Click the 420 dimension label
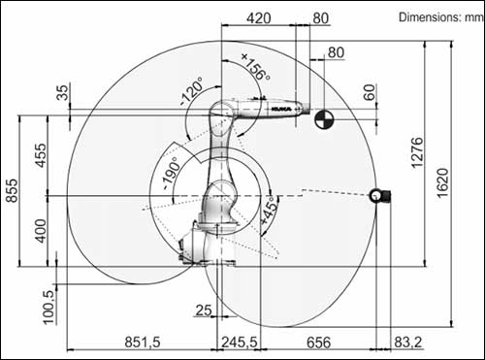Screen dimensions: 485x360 [x=259, y=18]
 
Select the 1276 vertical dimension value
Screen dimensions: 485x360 [x=417, y=152]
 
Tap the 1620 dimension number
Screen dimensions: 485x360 [x=442, y=182]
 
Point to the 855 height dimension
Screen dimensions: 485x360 [x=13, y=190]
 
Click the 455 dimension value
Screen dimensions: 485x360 [x=41, y=155]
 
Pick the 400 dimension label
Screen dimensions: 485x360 [x=41, y=231]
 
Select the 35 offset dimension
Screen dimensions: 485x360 [x=63, y=92]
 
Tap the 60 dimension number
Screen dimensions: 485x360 [x=370, y=92]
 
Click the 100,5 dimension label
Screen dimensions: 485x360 [x=48, y=307]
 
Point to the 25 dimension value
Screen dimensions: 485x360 [x=204, y=311]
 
